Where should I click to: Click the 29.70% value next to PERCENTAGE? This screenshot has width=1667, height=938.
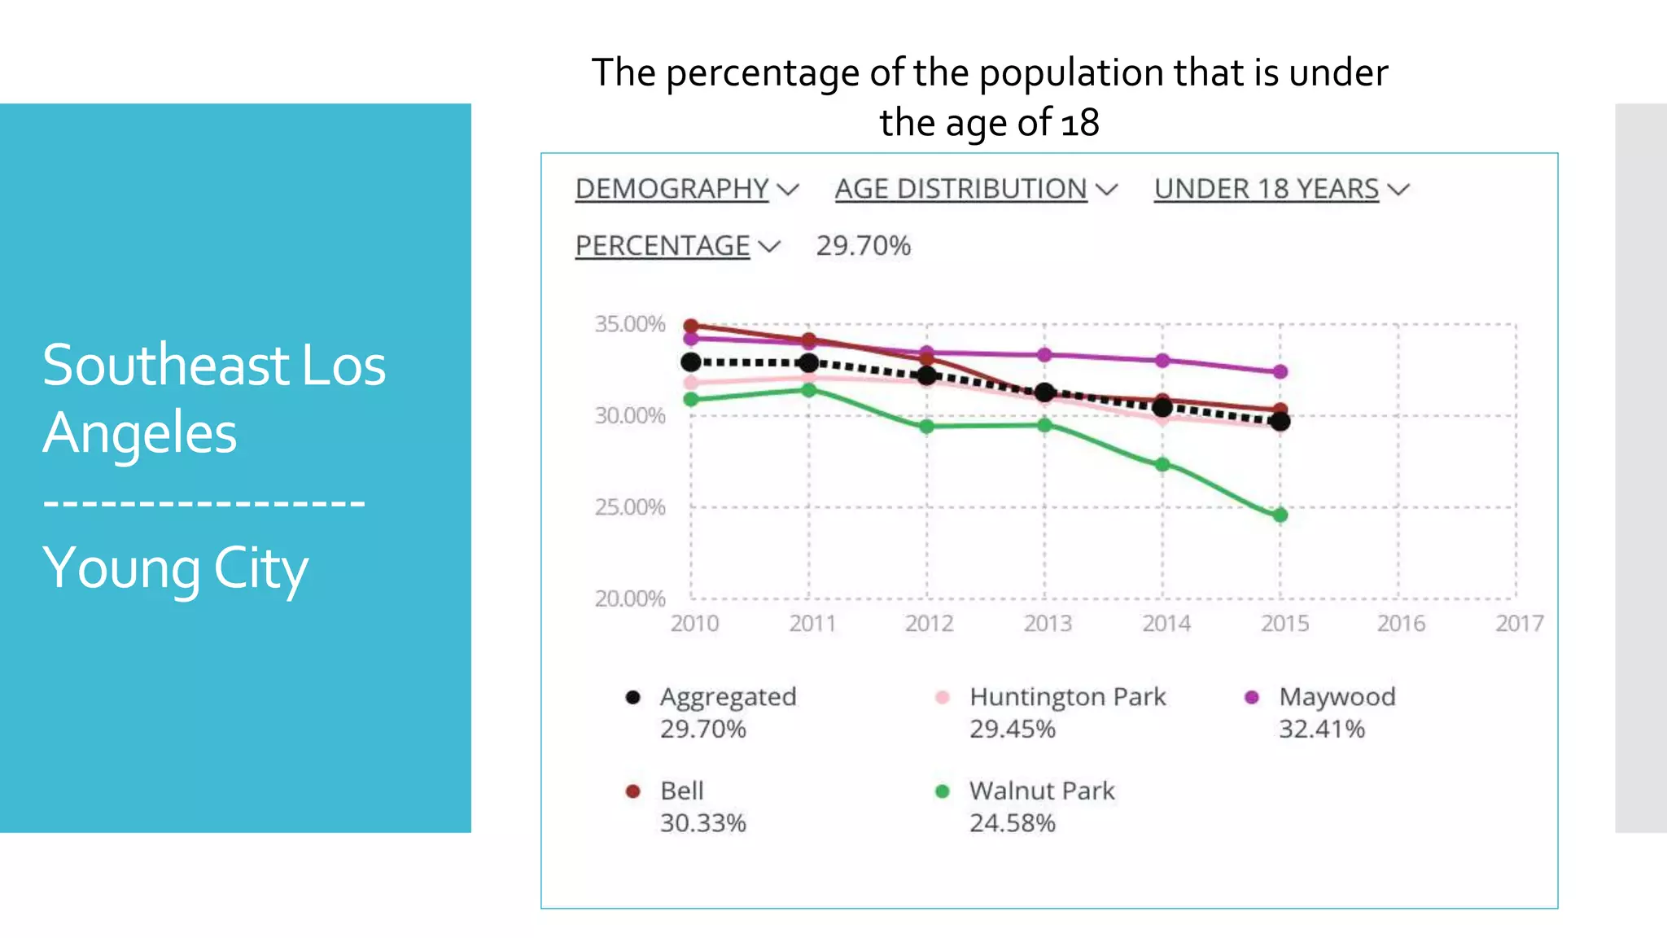[x=863, y=246]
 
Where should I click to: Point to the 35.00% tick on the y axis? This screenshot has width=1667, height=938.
[x=630, y=324]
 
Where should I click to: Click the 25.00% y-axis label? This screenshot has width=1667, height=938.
[x=630, y=507]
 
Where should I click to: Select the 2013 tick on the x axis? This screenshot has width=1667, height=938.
[x=1047, y=624]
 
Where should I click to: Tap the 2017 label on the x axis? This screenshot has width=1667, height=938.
[x=1519, y=624]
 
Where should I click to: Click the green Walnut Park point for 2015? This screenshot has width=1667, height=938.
[x=1280, y=515]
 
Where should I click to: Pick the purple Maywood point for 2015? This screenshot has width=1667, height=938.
[x=1280, y=371]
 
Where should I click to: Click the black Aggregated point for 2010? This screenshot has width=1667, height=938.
[x=691, y=362]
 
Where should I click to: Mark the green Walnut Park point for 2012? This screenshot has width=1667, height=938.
[x=926, y=426]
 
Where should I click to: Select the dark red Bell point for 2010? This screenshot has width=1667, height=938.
[x=691, y=326]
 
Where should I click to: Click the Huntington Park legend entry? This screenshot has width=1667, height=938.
[x=1067, y=697]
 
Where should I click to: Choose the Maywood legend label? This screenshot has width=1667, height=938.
[x=1337, y=697]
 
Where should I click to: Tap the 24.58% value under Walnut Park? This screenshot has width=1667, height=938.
[x=1012, y=823]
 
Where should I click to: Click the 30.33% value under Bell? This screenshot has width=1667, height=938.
[x=702, y=823]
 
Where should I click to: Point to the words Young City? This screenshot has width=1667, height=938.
[x=175, y=568]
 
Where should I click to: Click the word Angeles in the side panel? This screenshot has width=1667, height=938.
[x=140, y=433]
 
